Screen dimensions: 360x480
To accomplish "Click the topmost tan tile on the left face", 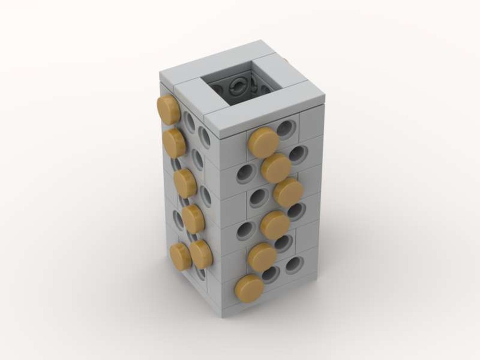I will coord(166,107).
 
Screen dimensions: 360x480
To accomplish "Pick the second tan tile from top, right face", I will coord(276,168).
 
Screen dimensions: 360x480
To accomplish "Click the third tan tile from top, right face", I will coord(288,192).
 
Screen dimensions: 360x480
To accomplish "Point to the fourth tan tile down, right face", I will coord(275,224).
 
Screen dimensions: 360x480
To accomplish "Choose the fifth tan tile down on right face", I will coord(262,256).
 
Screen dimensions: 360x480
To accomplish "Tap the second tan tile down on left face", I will coord(174,142).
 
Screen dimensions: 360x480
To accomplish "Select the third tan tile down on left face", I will coord(185,183).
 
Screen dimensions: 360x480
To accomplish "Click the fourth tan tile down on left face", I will coord(193,219).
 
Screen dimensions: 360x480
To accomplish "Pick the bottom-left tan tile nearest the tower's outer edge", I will coord(180,256).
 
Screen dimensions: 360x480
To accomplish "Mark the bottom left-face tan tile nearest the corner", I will coord(201,254).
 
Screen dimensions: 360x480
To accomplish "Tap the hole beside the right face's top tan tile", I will coord(286,129).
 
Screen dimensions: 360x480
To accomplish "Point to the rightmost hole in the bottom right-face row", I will coord(293,264).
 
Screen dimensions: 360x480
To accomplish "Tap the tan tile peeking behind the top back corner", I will coord(286,60).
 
